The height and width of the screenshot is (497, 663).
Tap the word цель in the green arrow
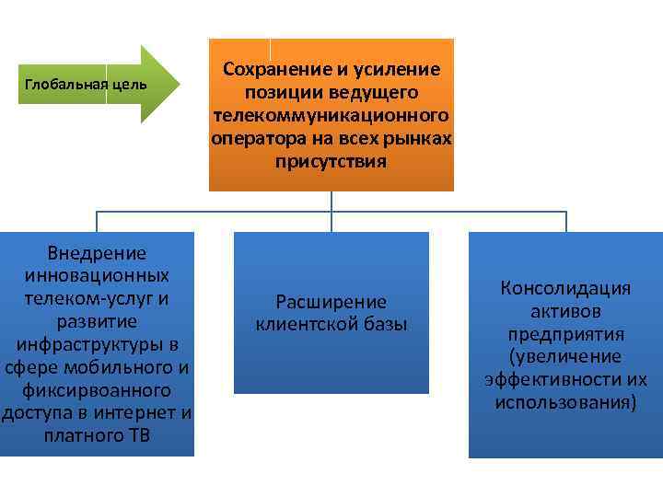[x=129, y=86]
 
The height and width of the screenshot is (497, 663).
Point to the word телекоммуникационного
[x=331, y=116]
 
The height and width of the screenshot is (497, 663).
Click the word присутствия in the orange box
[x=331, y=162]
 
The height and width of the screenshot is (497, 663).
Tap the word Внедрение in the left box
[x=97, y=253]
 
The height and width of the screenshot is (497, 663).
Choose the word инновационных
[x=97, y=276]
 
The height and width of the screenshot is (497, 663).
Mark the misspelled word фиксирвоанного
[x=97, y=390]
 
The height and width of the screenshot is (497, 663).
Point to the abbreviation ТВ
[x=138, y=435]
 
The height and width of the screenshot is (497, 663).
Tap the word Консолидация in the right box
[x=565, y=289]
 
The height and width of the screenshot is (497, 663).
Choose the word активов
[x=565, y=311]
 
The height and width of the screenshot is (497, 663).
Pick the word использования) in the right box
[x=565, y=402]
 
